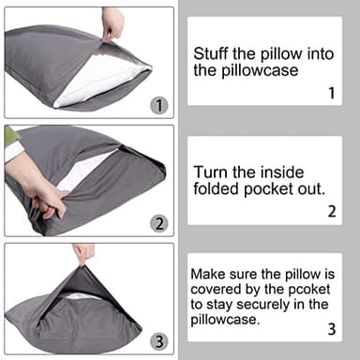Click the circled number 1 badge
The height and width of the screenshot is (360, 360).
pyautogui.click(x=158, y=105)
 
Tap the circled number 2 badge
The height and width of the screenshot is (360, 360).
pyautogui.click(x=158, y=223)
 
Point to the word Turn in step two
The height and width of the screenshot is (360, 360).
pyautogui.click(x=210, y=172)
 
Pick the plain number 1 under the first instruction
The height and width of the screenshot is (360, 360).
pyautogui.click(x=331, y=93)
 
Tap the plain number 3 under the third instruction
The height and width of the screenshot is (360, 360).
pyautogui.click(x=331, y=329)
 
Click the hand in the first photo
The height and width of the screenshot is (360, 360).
pyautogui.click(x=113, y=21)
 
